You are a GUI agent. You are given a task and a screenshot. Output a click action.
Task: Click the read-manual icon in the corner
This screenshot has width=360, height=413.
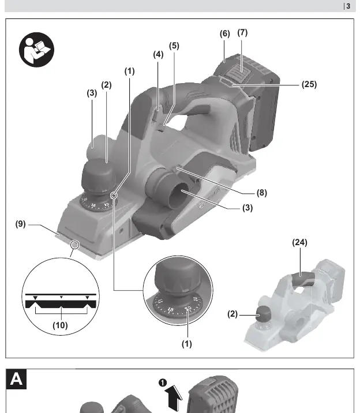pos(36,50)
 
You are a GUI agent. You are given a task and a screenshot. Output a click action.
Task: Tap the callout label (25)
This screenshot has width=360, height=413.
pos(309,84)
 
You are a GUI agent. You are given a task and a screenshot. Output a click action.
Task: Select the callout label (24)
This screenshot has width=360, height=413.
pos(299,242)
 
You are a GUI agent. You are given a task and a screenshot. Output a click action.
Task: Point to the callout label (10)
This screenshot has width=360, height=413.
pos(61,325)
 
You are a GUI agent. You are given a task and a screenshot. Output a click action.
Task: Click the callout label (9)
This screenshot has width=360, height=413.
pos(21,224)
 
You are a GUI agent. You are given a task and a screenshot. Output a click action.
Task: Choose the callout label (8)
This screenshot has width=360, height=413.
pos(262,193)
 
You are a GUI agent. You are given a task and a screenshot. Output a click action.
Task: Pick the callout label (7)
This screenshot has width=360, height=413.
pos(242,33)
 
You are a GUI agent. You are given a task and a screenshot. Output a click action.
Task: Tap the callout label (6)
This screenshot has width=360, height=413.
pos(225,33)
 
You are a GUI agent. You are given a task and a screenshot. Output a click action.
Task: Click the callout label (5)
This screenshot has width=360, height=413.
pos(174,46)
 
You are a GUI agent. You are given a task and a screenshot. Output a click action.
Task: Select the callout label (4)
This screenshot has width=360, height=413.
pos(158,55)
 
